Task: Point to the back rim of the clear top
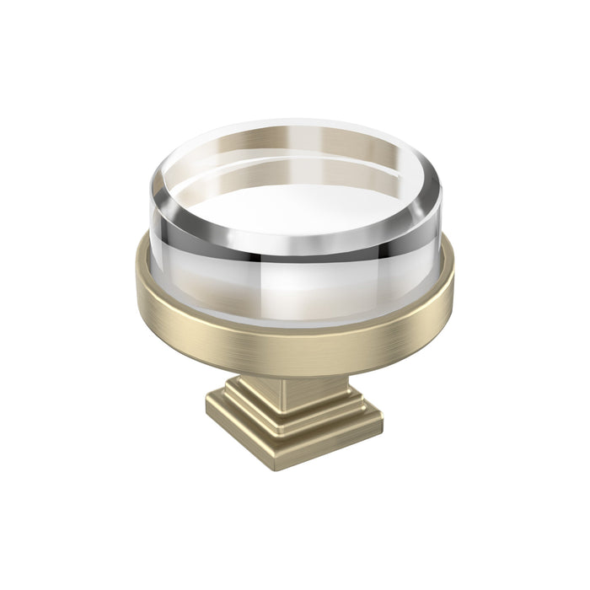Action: [295, 126]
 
